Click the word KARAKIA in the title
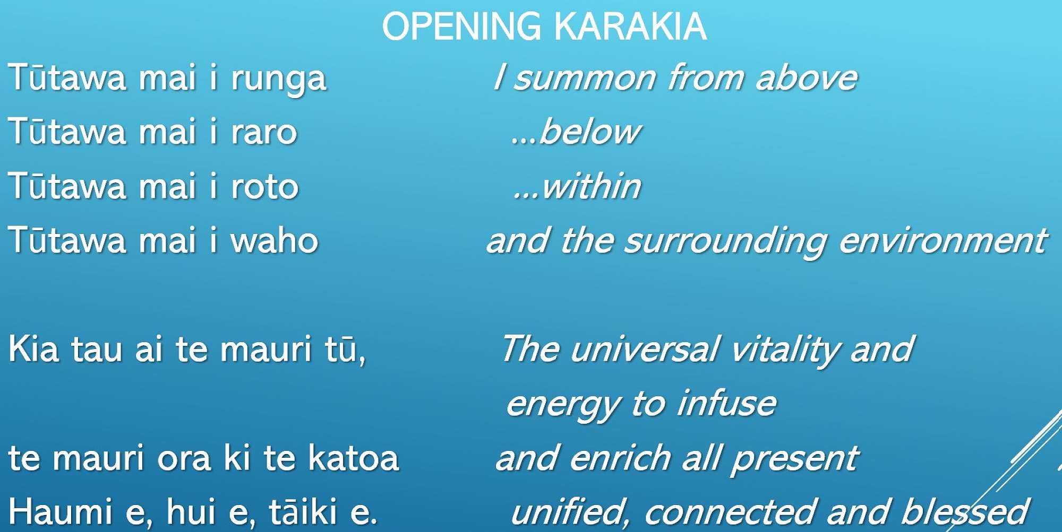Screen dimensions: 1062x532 click(630, 26)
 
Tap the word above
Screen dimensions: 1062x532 click(807, 77)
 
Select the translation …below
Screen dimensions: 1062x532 click(576, 131)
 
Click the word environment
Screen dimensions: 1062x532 click(943, 240)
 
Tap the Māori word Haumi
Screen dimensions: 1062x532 click(61, 511)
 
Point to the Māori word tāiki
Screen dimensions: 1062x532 click(303, 511)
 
